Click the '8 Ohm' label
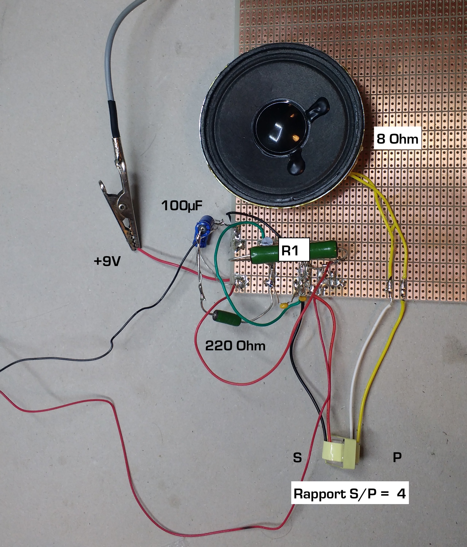pyautogui.click(x=397, y=139)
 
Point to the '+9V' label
pyautogui.click(x=107, y=261)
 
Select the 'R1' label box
pyautogui.click(x=293, y=250)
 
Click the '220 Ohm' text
pyautogui.click(x=235, y=345)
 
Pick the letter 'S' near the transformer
pyautogui.click(x=297, y=457)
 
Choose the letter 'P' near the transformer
pyautogui.click(x=397, y=457)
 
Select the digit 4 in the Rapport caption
pyautogui.click(x=401, y=493)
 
